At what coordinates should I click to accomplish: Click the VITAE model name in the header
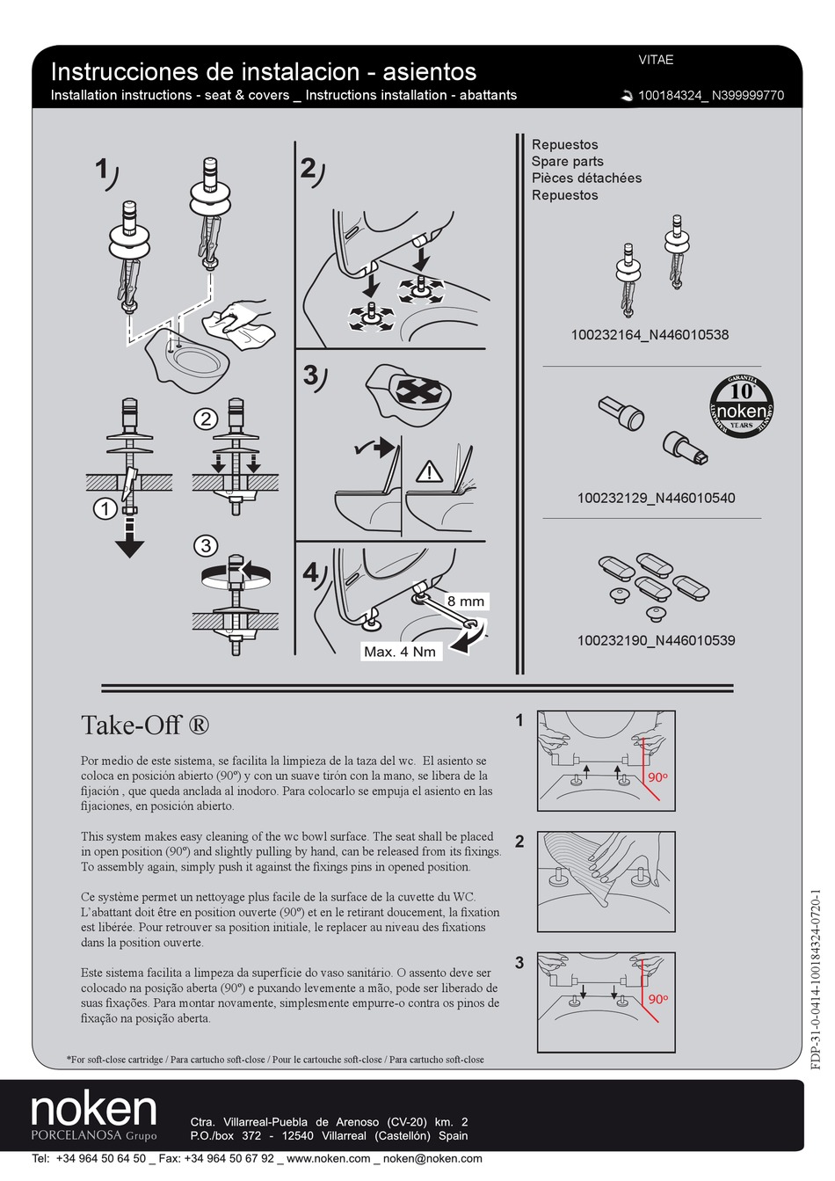[655, 60]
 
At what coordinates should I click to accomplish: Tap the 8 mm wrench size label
[465, 601]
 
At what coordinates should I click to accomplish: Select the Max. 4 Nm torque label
[399, 652]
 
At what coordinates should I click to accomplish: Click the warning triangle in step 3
[429, 471]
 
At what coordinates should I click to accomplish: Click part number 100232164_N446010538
[650, 334]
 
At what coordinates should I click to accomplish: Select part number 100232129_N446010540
[656, 498]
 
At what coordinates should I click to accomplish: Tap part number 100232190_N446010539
[656, 640]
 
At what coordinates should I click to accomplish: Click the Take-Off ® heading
[145, 725]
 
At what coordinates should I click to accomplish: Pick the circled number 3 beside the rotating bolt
[205, 545]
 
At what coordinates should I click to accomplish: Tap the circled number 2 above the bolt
[205, 419]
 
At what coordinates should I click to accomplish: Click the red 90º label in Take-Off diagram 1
[657, 778]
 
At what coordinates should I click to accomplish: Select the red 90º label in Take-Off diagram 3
[657, 1000]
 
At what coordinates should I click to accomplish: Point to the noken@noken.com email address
[425, 1158]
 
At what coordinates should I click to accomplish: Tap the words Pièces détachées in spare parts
[586, 178]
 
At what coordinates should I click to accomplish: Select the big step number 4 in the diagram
[311, 573]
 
